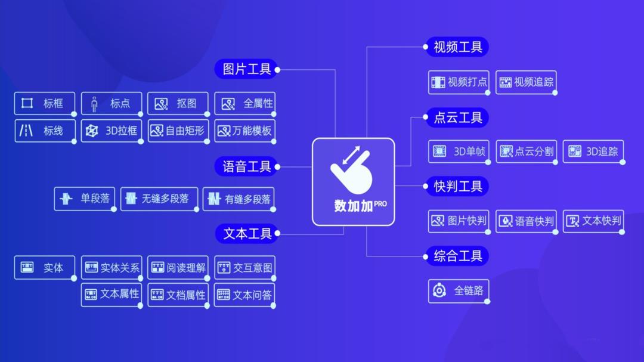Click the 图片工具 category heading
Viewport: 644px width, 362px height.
pyautogui.click(x=246, y=69)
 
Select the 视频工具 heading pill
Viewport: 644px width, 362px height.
pyautogui.click(x=457, y=47)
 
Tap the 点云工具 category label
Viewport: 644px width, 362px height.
pyautogui.click(x=457, y=117)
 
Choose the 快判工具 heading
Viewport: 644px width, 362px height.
pyautogui.click(x=457, y=187)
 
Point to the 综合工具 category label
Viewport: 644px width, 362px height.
pyautogui.click(x=457, y=256)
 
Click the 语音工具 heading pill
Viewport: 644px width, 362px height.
pyautogui.click(x=246, y=166)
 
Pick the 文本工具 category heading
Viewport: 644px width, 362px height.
pyautogui.click(x=246, y=234)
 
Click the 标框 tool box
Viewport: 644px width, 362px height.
pyautogui.click(x=45, y=103)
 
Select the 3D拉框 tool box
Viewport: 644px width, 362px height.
pyautogui.click(x=112, y=131)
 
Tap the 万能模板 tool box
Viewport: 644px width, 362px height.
pyautogui.click(x=244, y=131)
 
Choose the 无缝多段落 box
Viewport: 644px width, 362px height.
pyautogui.click(x=160, y=199)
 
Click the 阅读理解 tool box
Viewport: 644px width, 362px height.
pyautogui.click(x=178, y=268)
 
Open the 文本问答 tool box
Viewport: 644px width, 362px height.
pyautogui.click(x=244, y=295)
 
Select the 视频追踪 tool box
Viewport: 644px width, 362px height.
pyautogui.click(x=527, y=82)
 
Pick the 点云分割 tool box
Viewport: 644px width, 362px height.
pyautogui.click(x=526, y=151)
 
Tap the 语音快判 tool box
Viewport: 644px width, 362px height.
pyautogui.click(x=526, y=221)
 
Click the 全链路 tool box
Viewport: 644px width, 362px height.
pyautogui.click(x=459, y=291)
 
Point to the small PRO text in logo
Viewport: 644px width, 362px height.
pyautogui.click(x=380, y=203)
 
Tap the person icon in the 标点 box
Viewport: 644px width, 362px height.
pyautogui.click(x=94, y=104)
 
